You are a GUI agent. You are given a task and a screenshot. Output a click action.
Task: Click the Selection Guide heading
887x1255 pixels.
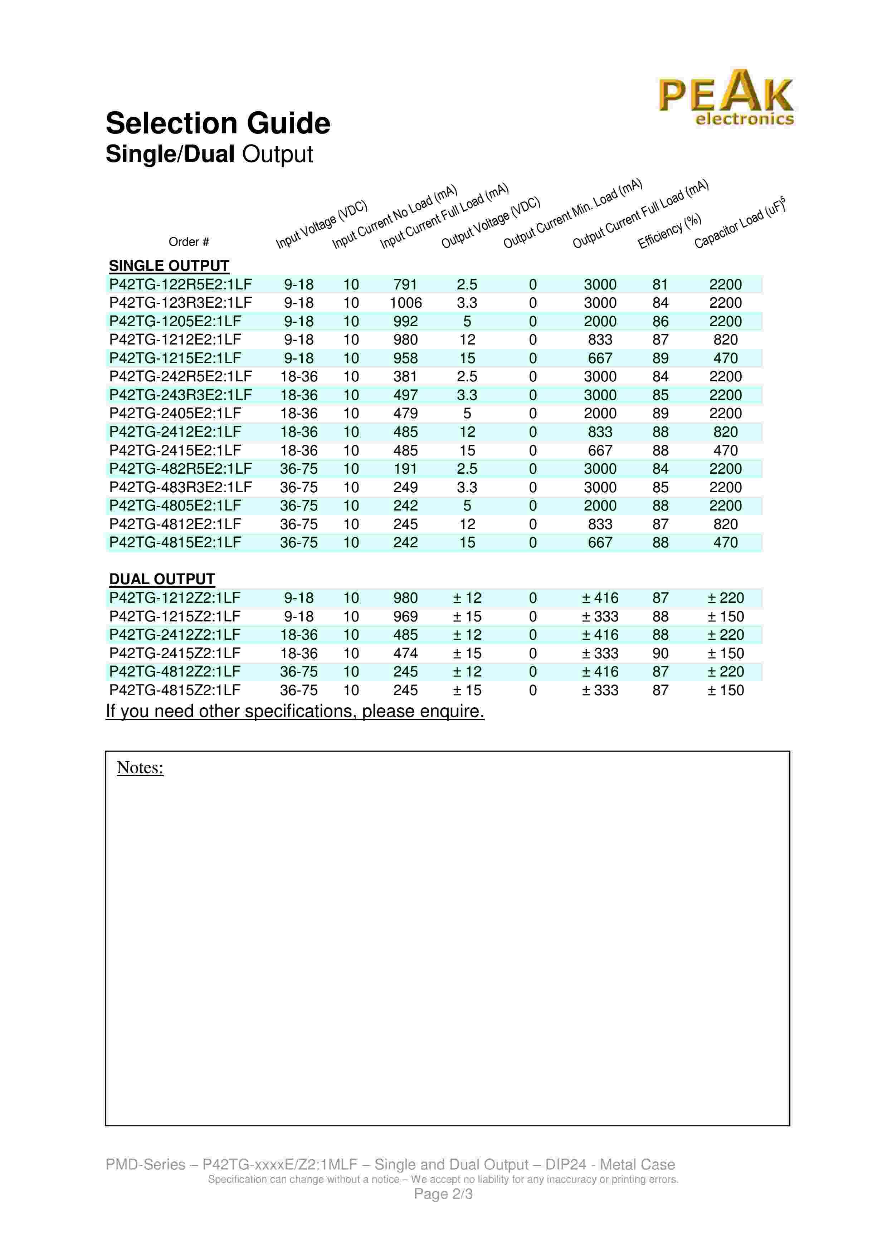pyautogui.click(x=218, y=123)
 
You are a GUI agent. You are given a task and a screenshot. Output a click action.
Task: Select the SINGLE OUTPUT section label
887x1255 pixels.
pyautogui.click(x=169, y=266)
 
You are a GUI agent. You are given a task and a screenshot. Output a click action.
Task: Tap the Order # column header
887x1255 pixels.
pyautogui.click(x=189, y=241)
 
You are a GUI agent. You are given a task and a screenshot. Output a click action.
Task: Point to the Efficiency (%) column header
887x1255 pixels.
pyautogui.click(x=669, y=231)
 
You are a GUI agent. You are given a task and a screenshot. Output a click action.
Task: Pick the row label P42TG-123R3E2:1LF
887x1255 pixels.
pyautogui.click(x=180, y=303)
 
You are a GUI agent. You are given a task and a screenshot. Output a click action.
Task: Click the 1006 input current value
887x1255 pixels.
pyautogui.click(x=405, y=303)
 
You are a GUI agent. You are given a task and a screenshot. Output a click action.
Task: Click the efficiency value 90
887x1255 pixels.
pyautogui.click(x=660, y=653)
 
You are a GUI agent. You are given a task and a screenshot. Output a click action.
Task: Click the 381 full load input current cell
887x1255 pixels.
pyautogui.click(x=405, y=377)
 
